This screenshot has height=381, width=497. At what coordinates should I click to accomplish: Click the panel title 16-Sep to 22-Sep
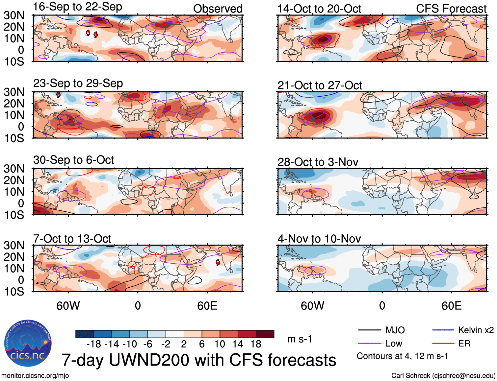[x=77, y=7]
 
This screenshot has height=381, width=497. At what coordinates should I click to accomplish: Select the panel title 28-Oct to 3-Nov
[x=318, y=162]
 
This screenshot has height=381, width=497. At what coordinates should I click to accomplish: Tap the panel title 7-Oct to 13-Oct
[x=72, y=239]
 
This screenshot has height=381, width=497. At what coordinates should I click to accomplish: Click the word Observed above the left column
[x=218, y=9]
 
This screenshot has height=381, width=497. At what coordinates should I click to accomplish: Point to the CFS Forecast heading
[x=451, y=9]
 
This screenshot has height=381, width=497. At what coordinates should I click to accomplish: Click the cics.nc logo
[x=28, y=344]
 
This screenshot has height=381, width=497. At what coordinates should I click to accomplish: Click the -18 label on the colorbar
[x=93, y=344]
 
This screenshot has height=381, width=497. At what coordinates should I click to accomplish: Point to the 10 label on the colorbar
[x=220, y=344]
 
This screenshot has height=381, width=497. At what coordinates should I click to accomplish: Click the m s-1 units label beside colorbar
[x=300, y=339]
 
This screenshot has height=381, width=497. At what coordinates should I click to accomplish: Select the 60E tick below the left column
[x=207, y=306]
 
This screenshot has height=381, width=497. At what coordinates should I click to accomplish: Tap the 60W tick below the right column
[x=312, y=306]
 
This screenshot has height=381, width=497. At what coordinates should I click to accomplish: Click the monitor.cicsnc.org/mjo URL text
[x=35, y=375]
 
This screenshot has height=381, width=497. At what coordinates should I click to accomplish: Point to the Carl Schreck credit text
[x=443, y=375]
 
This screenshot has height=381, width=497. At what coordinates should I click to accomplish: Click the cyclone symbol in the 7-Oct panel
[x=218, y=262]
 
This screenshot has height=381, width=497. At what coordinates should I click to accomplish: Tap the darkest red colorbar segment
[x=265, y=334]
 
